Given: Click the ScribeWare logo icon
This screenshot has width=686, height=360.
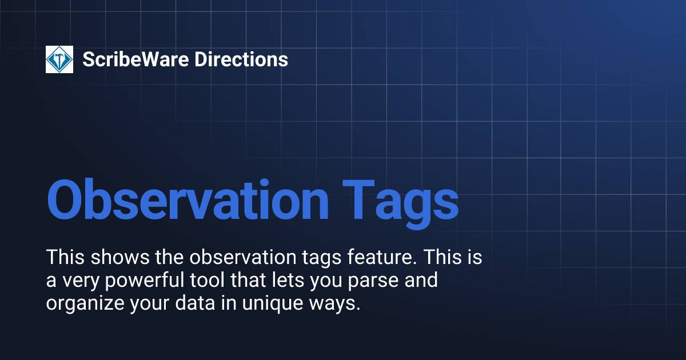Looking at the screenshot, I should pyautogui.click(x=59, y=59).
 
